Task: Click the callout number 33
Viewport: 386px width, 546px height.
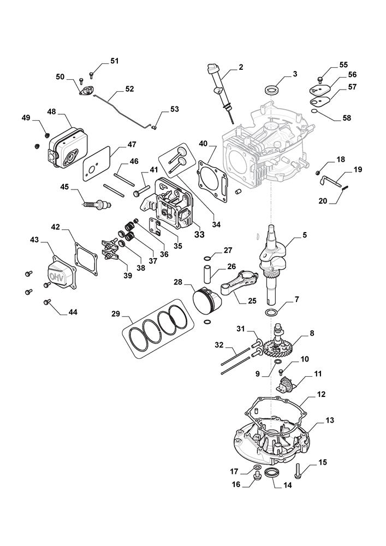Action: point(184,234)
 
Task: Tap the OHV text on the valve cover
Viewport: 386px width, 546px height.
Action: point(56,275)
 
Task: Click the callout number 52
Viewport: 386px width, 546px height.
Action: point(129,88)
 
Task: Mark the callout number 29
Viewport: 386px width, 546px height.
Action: point(115,314)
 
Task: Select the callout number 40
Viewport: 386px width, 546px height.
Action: point(203,144)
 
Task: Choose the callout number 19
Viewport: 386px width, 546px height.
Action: point(358,170)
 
